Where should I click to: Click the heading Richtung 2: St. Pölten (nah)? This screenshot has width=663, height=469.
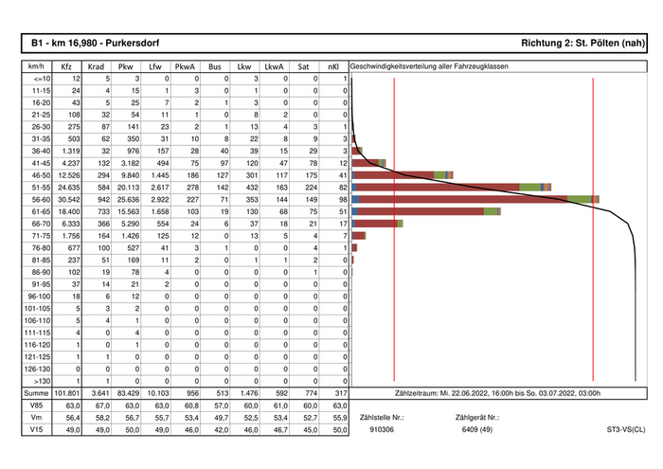click(x=583, y=44)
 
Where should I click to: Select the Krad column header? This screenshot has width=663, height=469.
click(x=97, y=68)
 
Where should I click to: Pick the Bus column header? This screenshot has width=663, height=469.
click(x=215, y=68)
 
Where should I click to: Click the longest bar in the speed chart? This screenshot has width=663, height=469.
click(x=474, y=199)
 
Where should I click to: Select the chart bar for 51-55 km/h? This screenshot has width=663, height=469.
click(x=450, y=187)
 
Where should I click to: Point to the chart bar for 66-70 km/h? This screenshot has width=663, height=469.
click(x=375, y=224)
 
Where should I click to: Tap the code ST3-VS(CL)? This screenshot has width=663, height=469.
click(x=626, y=430)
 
